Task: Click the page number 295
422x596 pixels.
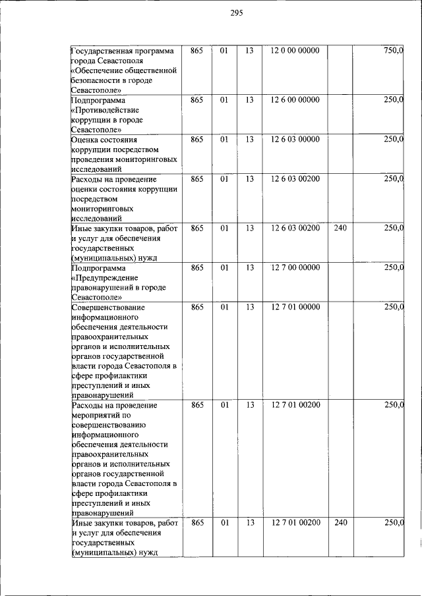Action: tap(237, 14)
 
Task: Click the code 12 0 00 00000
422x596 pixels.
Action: tap(295, 51)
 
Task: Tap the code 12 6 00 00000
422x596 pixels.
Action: tap(295, 100)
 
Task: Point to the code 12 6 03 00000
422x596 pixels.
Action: tap(295, 140)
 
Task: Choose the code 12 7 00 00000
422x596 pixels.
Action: tap(295, 267)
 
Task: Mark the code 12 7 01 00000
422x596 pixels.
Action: tap(295, 307)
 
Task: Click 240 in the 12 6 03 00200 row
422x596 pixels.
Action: tap(340, 228)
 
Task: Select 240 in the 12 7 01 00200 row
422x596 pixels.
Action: tap(340, 522)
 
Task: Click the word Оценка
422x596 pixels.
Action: tap(86, 140)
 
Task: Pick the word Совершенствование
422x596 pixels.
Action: tap(107, 307)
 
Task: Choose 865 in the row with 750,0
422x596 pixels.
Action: tap(196, 51)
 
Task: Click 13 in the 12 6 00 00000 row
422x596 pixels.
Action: tap(249, 100)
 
